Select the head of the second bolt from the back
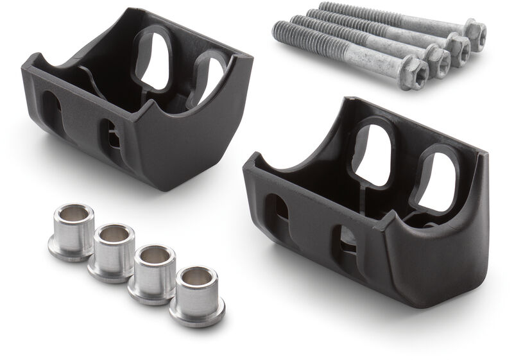[x=458, y=46]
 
